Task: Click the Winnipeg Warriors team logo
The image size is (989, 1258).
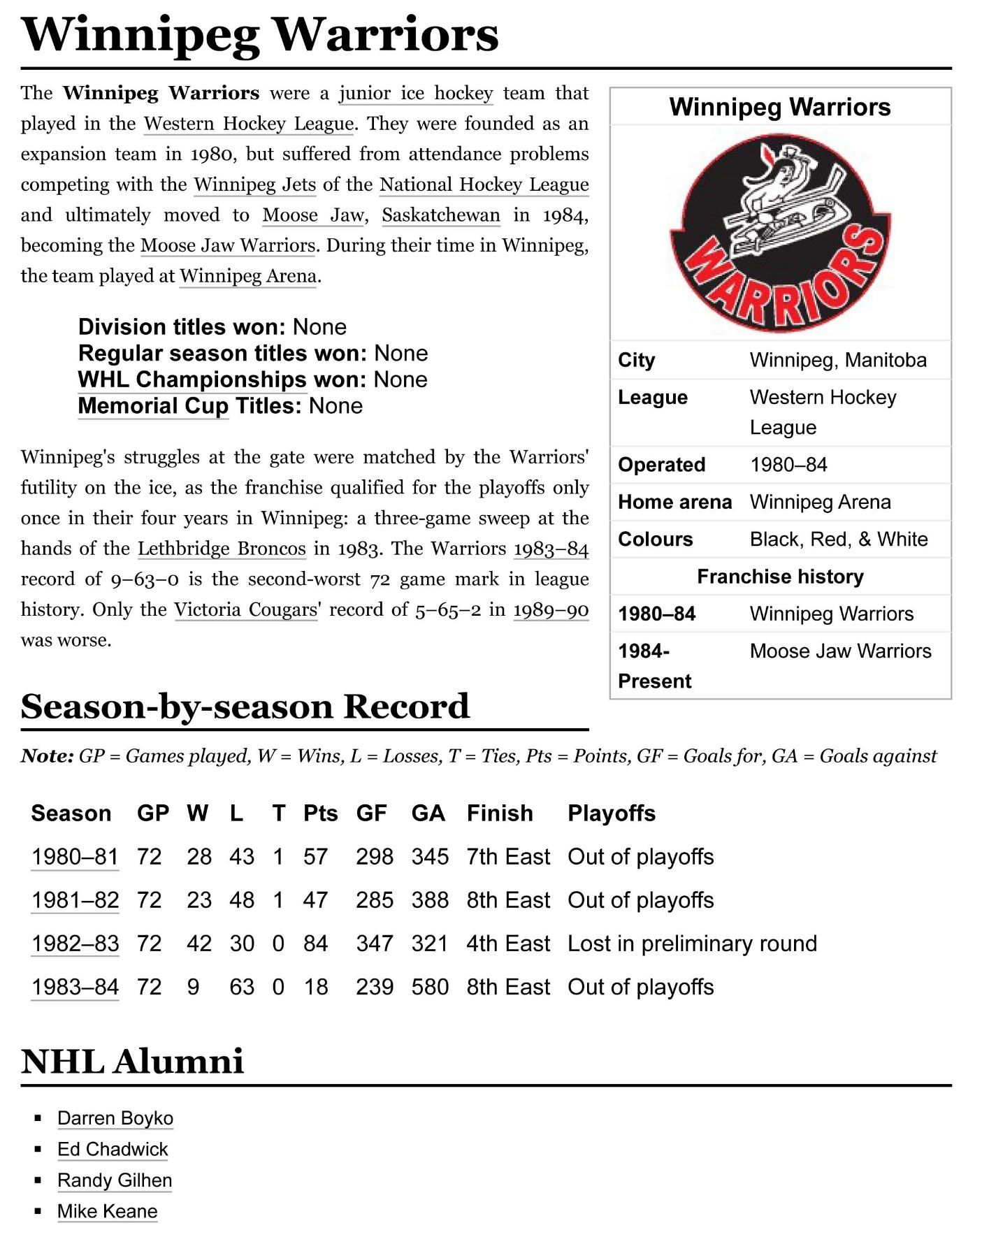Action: pyautogui.click(x=780, y=233)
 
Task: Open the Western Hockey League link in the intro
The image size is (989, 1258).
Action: pyautogui.click(x=248, y=124)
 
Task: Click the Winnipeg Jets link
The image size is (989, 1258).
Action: pyautogui.click(x=254, y=185)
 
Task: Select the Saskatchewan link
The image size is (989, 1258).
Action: pyautogui.click(x=440, y=215)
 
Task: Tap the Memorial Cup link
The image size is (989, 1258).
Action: pyautogui.click(x=153, y=406)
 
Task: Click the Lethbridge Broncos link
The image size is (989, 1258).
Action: pyautogui.click(x=222, y=549)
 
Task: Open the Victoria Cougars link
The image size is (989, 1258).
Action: pyautogui.click(x=246, y=609)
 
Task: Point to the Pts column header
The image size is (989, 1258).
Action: pyautogui.click(x=320, y=814)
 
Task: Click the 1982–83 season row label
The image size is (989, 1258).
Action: pyautogui.click(x=75, y=943)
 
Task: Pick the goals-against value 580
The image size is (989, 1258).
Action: pyautogui.click(x=430, y=987)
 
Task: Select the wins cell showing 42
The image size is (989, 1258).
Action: pyautogui.click(x=199, y=943)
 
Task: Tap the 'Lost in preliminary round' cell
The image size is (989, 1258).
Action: pyautogui.click(x=692, y=943)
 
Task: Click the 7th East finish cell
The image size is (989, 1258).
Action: pyautogui.click(x=508, y=857)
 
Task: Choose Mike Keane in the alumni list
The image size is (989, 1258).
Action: pyautogui.click(x=108, y=1211)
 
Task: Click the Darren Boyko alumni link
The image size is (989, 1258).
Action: pyautogui.click(x=115, y=1118)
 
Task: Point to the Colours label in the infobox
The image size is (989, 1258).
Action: pyautogui.click(x=655, y=540)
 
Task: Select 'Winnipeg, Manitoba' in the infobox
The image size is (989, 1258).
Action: pyautogui.click(x=838, y=360)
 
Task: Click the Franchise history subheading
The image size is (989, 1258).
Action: pyautogui.click(x=780, y=577)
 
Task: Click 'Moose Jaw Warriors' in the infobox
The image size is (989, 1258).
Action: pyautogui.click(x=840, y=651)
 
